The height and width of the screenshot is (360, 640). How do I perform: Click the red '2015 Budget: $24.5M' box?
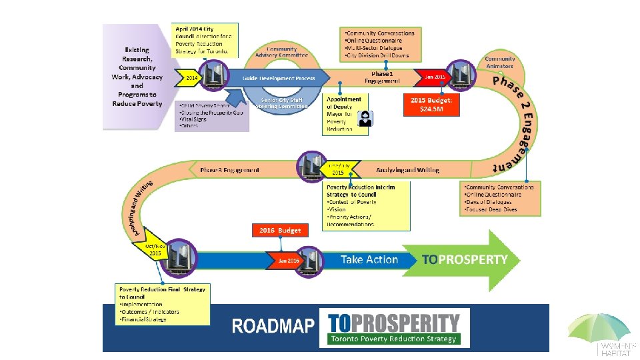pyautogui.click(x=431, y=105)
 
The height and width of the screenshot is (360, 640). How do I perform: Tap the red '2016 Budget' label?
pyautogui.click(x=281, y=231)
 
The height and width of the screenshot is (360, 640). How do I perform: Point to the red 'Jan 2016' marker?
pyautogui.click(x=287, y=260)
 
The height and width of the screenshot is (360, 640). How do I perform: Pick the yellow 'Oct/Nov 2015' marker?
pyautogui.click(x=154, y=250)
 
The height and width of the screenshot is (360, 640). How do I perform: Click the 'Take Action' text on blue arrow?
pyautogui.click(x=369, y=260)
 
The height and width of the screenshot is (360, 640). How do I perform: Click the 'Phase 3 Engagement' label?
pyautogui.click(x=229, y=170)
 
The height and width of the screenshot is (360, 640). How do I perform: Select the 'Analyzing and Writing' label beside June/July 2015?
pyautogui.click(x=407, y=170)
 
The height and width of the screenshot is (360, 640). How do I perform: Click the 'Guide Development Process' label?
pyautogui.click(x=279, y=78)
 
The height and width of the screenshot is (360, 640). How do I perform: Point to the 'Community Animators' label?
pyautogui.click(x=499, y=62)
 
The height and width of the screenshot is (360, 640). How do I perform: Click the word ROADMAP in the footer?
pyautogui.click(x=273, y=326)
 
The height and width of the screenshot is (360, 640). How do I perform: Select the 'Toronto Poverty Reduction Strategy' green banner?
pyautogui.click(x=393, y=339)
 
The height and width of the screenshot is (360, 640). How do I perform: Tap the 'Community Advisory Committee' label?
pyautogui.click(x=281, y=53)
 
